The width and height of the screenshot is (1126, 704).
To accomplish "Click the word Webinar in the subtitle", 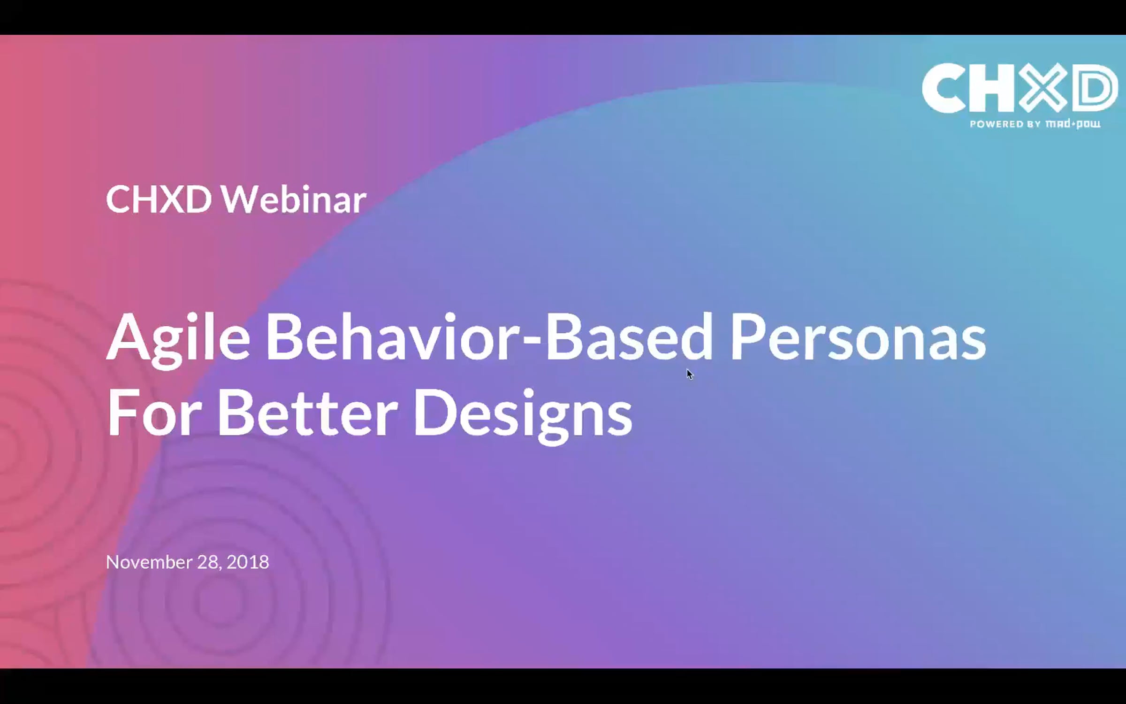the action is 293,199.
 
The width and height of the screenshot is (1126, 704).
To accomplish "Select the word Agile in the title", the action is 178,338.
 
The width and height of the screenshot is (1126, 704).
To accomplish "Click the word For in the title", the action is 154,413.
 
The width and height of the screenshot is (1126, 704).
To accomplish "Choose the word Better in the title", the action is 307,413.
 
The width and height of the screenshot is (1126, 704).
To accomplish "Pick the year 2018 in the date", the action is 248,562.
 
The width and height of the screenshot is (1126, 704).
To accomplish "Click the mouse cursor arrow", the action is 689,374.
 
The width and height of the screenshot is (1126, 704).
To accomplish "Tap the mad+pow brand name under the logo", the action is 1073,124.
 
